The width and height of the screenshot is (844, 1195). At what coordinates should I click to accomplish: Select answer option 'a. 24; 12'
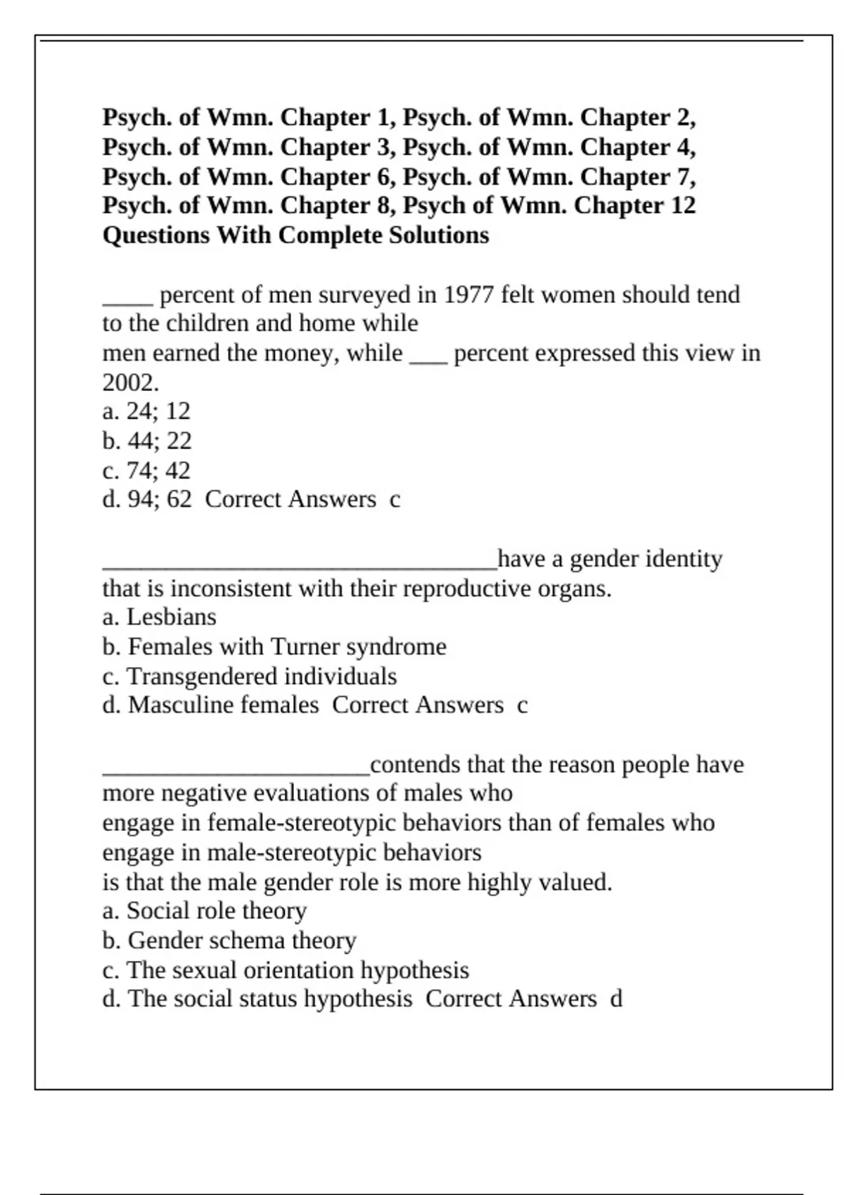pos(146,411)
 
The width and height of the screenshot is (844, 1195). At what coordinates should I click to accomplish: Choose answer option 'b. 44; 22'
pos(146,441)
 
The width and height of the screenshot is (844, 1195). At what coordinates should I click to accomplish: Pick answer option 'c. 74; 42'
pos(146,470)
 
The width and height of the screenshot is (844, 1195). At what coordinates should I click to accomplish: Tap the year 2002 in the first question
pos(130,383)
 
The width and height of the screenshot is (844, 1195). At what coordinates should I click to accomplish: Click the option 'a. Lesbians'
pos(159,617)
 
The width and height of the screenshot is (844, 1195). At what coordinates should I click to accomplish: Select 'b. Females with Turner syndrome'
pos(274,647)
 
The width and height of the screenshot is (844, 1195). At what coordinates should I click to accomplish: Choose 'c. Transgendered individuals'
pos(249,676)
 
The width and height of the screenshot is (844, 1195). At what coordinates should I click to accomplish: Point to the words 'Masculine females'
pos(224,705)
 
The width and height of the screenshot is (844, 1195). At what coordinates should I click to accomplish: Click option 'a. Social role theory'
pos(204,911)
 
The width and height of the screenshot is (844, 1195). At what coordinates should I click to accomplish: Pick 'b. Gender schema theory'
pos(229,941)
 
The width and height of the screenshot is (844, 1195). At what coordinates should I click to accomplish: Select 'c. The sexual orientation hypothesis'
pos(286,970)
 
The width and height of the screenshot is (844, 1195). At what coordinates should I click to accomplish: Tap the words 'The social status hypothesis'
pos(270,999)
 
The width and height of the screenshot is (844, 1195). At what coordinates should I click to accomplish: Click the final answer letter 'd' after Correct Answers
pos(616,999)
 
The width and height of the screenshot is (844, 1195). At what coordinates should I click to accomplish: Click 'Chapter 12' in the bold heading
pos(634,206)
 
